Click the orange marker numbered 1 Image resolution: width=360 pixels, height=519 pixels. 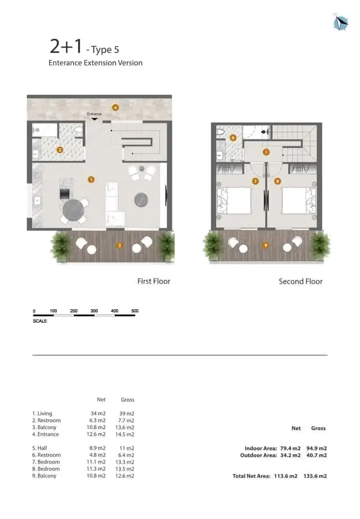point(91,179)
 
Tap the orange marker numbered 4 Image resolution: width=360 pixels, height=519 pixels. point(115,107)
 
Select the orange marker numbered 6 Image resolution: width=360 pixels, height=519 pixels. point(233,138)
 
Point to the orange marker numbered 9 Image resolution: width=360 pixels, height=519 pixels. point(265,245)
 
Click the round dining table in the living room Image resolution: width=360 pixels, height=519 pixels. point(73,210)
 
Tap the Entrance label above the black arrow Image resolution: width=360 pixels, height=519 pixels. point(95,114)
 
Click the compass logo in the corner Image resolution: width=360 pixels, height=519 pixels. point(340,22)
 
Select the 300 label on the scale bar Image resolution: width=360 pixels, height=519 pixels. point(94,311)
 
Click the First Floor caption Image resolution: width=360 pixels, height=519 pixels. point(153,281)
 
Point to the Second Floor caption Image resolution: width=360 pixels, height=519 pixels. point(301,281)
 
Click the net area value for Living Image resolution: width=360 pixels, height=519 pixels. point(98,413)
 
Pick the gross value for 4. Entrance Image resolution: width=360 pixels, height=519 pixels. point(125,434)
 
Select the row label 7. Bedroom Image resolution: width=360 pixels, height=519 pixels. point(46,462)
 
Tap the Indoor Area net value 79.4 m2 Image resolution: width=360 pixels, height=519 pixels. point(290,448)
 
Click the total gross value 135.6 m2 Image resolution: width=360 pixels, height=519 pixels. point(315,476)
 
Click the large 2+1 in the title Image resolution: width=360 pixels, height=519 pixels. point(66,46)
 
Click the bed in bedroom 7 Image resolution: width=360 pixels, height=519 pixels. point(234,201)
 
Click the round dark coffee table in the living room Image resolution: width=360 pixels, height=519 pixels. point(141,200)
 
